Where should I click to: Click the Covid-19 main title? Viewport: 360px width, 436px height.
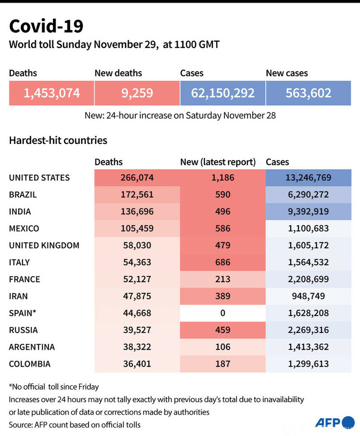pyautogui.click(x=46, y=27)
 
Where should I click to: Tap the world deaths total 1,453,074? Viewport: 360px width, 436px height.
pyautogui.click(x=52, y=93)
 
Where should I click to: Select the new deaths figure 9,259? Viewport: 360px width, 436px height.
pyautogui.click(x=137, y=93)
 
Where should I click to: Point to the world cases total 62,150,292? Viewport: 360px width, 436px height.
pyautogui.click(x=223, y=93)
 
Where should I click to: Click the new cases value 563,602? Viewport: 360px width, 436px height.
pyautogui.click(x=308, y=93)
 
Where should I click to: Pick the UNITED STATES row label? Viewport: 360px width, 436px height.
pyautogui.click(x=40, y=178)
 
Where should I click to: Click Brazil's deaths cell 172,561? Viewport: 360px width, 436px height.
pyautogui.click(x=137, y=195)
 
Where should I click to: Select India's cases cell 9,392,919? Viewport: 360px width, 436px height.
pyautogui.click(x=308, y=212)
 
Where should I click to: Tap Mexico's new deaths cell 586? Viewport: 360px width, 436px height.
pyautogui.click(x=223, y=228)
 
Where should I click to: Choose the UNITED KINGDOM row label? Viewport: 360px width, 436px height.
pyautogui.click(x=44, y=245)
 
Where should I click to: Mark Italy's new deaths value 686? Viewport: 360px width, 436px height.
pyautogui.click(x=223, y=262)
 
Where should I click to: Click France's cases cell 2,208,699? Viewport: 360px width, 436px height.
pyautogui.click(x=308, y=279)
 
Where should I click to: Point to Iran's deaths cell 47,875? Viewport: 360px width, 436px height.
pyautogui.click(x=137, y=296)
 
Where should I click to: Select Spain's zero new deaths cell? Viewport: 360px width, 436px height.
pyautogui.click(x=223, y=313)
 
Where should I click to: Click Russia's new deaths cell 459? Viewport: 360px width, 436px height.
pyautogui.click(x=223, y=330)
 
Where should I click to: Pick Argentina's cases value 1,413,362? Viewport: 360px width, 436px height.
pyautogui.click(x=308, y=347)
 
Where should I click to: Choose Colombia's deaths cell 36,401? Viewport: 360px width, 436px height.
pyautogui.click(x=137, y=364)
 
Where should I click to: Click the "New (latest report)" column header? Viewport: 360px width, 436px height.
pyautogui.click(x=218, y=162)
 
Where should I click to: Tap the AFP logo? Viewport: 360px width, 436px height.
pyautogui.click(x=334, y=422)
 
